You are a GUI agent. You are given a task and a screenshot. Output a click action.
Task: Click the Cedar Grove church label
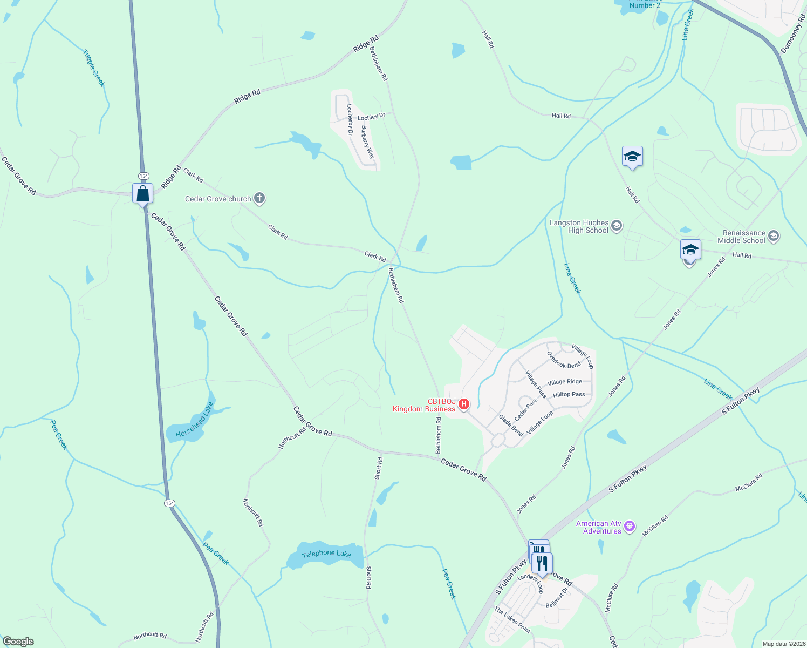coord(218,199)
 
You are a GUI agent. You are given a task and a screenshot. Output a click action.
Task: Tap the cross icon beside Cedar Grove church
coord(259,198)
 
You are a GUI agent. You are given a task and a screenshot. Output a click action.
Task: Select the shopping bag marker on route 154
coord(143,193)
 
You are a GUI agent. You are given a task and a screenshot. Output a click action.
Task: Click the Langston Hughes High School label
coord(579,227)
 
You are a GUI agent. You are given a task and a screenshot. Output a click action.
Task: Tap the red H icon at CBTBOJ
coord(463,404)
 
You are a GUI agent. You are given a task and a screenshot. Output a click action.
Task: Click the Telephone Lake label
coord(326,553)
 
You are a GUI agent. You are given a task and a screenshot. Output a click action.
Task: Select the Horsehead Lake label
coord(194,420)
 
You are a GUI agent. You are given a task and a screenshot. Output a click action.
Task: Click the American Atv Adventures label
coord(598,527)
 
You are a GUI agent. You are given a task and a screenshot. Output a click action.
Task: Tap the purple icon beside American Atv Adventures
coord(629,526)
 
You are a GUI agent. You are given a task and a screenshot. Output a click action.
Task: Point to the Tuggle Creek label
coord(94,68)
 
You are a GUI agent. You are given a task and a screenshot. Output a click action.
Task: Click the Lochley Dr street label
coord(371,117)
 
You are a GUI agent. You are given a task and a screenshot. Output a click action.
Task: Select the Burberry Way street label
coord(367,141)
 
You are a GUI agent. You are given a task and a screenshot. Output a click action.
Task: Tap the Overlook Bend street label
coord(564,360)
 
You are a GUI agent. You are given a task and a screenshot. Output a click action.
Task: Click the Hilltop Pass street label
coord(569,394)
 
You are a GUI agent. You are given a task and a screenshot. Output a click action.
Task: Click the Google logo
coord(18,642)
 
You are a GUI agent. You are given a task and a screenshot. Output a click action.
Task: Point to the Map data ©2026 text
coord(783,644)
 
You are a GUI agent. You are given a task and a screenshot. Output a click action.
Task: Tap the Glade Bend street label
coord(511,426)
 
